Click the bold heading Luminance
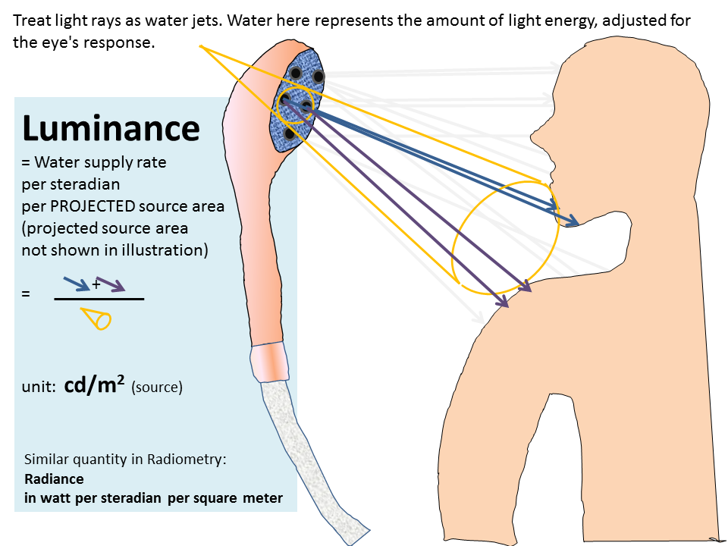point(111,128)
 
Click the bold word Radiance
point(54,479)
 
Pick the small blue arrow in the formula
point(76,284)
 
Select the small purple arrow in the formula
point(111,286)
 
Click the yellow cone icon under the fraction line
point(99,319)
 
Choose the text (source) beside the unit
point(156,387)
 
